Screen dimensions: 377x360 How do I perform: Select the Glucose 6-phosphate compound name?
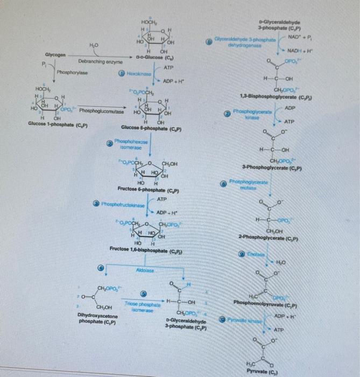click(152, 129)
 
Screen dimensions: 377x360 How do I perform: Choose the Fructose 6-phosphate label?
click(148, 190)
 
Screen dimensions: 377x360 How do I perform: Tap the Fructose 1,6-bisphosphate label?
click(146, 251)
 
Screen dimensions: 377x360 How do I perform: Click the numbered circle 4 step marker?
click(100, 268)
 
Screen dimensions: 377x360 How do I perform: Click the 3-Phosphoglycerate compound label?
click(273, 169)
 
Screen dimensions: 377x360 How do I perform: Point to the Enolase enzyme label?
click(255, 253)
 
